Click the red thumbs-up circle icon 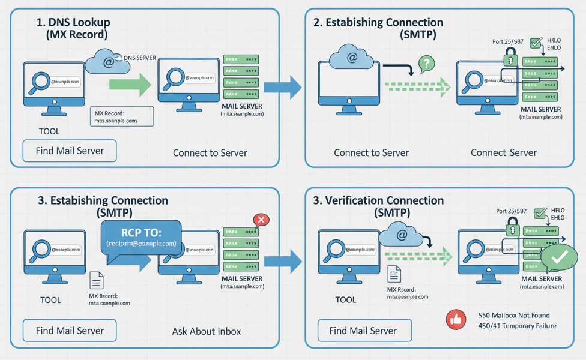pyautogui.click(x=456, y=320)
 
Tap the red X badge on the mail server pyautogui.click(x=261, y=220)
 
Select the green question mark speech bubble pyautogui.click(x=426, y=63)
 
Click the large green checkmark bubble pyautogui.click(x=559, y=258)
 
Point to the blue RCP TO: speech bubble pyautogui.click(x=142, y=238)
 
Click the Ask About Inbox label pyautogui.click(x=207, y=331)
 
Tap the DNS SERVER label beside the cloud pyautogui.click(x=139, y=58)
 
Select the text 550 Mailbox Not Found pyautogui.click(x=513, y=315)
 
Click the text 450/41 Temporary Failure pyautogui.click(x=517, y=326)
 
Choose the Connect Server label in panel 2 pyautogui.click(x=503, y=152)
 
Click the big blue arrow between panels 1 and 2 pyautogui.click(x=283, y=88)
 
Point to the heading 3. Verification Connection pyautogui.click(x=379, y=200)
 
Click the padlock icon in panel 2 pyautogui.click(x=510, y=57)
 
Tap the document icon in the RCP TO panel pyautogui.click(x=96, y=280)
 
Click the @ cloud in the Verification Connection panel pyautogui.click(x=402, y=234)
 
